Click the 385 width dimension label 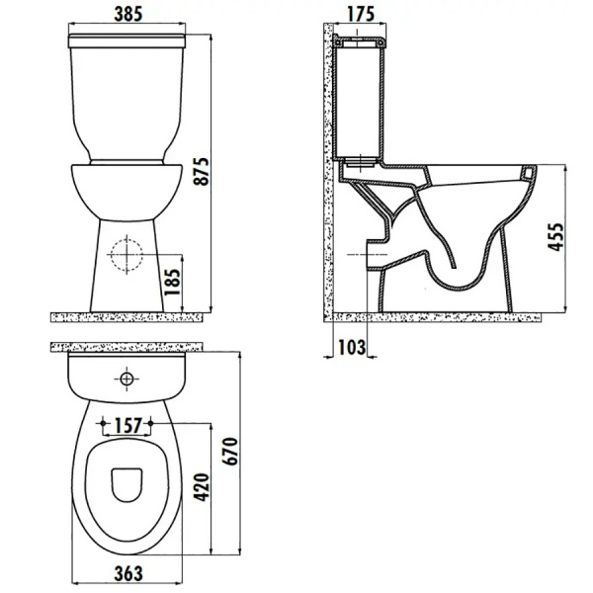[x=128, y=15]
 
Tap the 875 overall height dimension [x=202, y=171]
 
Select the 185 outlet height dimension [x=172, y=282]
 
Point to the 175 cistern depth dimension [x=361, y=14]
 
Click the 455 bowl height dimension [x=555, y=237]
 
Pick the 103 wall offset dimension [x=352, y=348]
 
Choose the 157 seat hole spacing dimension [x=127, y=426]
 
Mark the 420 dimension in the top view [x=202, y=486]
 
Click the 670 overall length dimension [x=230, y=451]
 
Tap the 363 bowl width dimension [x=128, y=573]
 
